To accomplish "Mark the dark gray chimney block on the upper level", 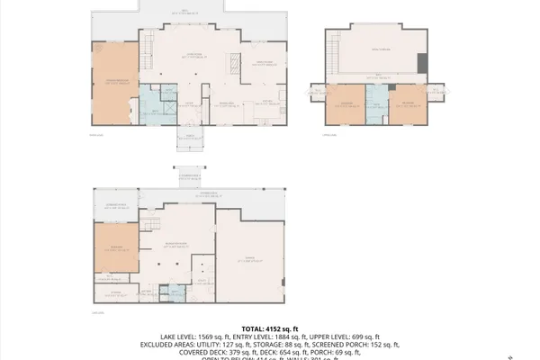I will pos(422,63).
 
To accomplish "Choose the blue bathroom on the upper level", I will pos(379,104).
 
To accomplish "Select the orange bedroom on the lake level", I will pos(114,247).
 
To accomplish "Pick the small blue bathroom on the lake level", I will pos(165,292).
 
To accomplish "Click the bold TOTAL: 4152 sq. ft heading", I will pos(269,328).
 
